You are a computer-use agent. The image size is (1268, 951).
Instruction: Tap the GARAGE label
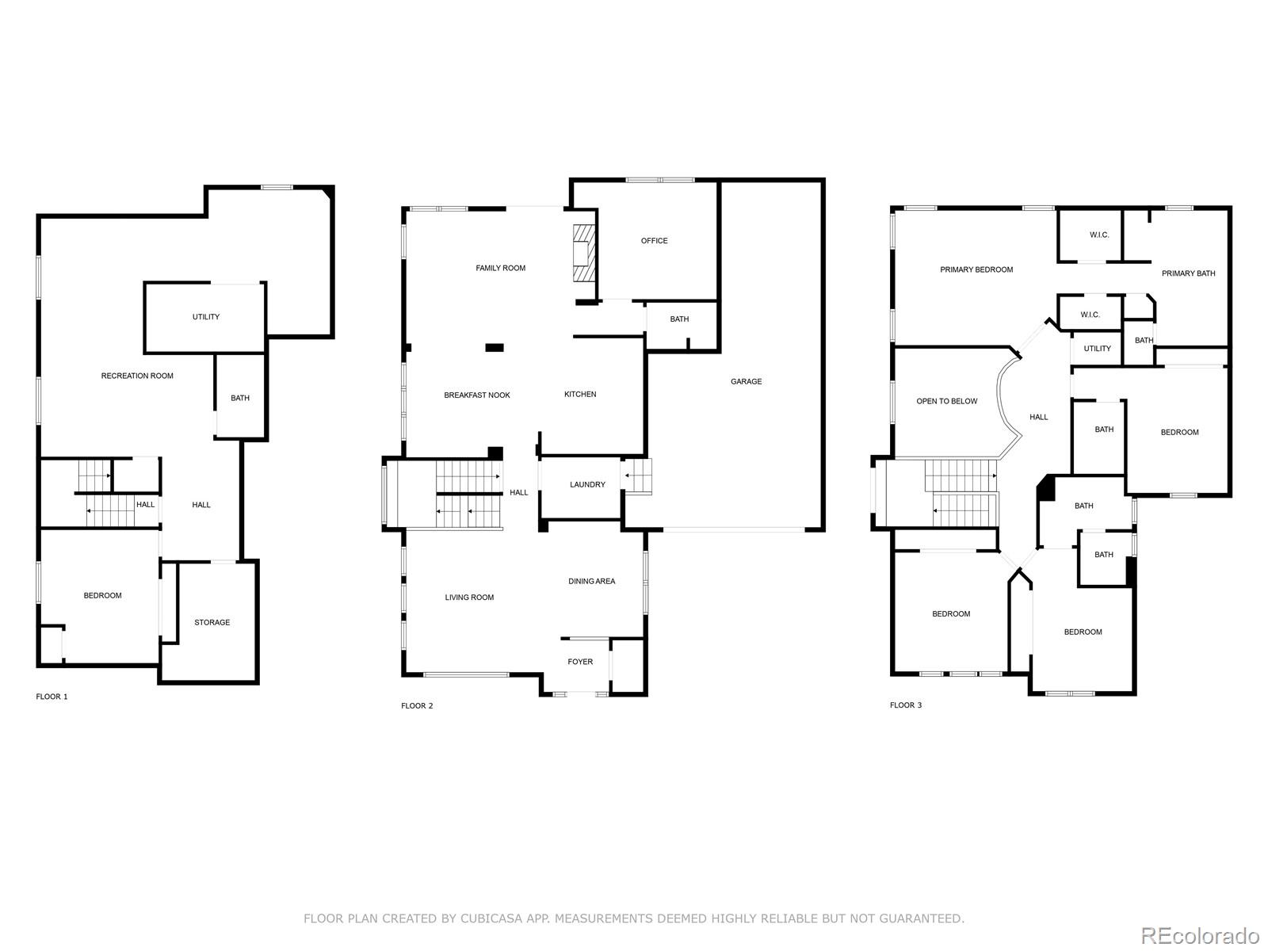746,381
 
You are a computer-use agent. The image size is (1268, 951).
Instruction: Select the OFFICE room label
654,241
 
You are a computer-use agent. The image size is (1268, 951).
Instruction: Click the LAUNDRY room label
587,485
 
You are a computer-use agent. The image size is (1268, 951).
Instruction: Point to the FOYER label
580,662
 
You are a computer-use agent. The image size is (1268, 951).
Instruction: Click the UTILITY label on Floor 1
206,317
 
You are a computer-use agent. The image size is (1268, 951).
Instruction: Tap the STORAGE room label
212,623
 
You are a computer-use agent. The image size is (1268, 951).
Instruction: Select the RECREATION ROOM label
137,376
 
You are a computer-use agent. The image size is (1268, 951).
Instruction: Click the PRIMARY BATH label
1188,273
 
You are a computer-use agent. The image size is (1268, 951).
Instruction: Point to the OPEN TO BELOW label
947,401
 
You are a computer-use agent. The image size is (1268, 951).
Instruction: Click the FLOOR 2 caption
417,705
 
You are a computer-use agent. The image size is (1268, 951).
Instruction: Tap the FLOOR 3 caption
906,705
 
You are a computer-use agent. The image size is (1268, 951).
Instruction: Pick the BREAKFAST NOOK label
477,395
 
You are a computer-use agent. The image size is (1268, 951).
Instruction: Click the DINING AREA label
591,582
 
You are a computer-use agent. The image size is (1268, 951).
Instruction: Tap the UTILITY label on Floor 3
1098,349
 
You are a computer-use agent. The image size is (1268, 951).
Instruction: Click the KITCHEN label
580,394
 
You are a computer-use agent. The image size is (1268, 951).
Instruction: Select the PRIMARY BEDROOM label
976,269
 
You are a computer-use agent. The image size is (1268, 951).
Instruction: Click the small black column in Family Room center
494,346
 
